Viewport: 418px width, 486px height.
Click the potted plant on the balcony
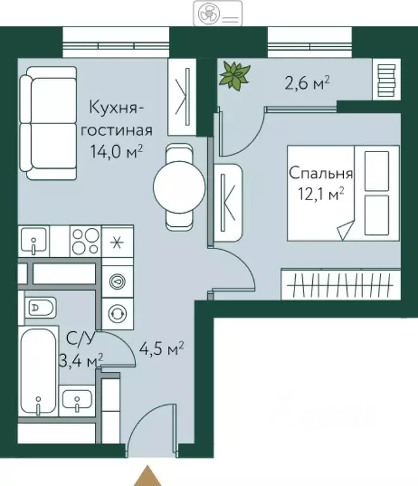click(x=234, y=75)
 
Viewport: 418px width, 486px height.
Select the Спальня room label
click(x=320, y=173)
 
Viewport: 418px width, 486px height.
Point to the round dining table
click(x=179, y=186)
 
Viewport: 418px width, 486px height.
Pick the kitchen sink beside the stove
click(x=33, y=241)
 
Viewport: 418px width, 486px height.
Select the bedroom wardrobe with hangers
click(x=339, y=283)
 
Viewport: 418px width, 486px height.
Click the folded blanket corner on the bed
click(x=347, y=229)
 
